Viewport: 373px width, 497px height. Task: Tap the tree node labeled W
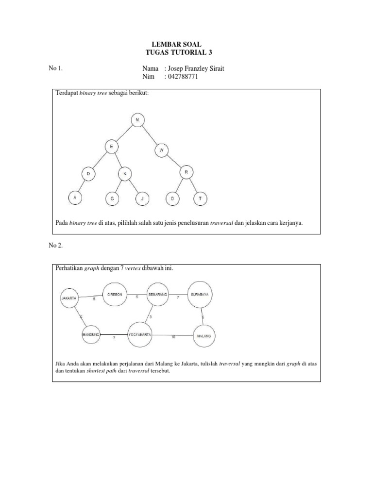pyautogui.click(x=161, y=151)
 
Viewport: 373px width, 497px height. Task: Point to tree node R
pyautogui.click(x=186, y=172)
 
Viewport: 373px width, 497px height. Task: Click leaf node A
pyautogui.click(x=75, y=198)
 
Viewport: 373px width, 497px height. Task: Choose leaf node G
pyautogui.click(x=112, y=199)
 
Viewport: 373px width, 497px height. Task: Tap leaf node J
pyautogui.click(x=142, y=199)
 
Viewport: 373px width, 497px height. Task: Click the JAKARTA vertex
pyautogui.click(x=68, y=298)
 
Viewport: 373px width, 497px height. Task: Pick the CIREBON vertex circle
pyautogui.click(x=115, y=295)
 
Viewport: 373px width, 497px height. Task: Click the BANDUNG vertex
pyautogui.click(x=91, y=334)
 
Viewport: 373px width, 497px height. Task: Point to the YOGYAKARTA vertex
pyautogui.click(x=140, y=334)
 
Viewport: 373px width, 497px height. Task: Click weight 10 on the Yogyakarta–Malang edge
pyautogui.click(x=173, y=337)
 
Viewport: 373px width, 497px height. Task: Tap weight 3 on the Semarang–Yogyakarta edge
pyautogui.click(x=151, y=316)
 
